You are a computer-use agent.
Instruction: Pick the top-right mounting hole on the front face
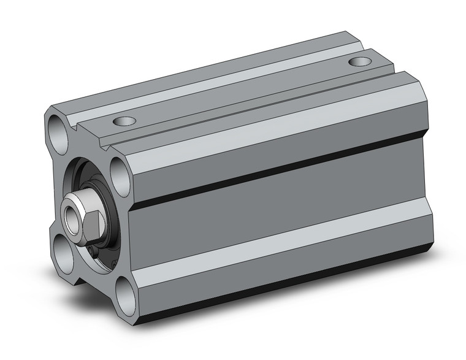pyautogui.click(x=118, y=168)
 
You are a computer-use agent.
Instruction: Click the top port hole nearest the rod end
pyautogui.click(x=126, y=121)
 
